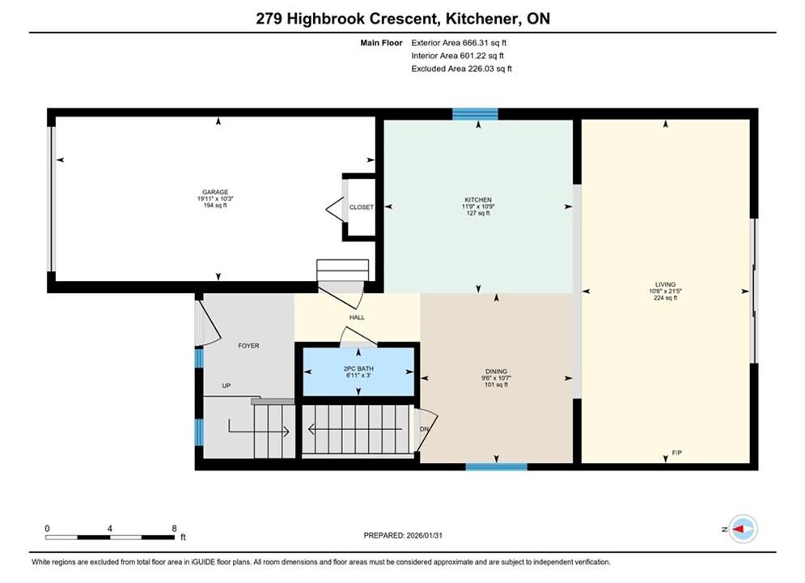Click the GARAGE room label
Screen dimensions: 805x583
[x=215, y=192]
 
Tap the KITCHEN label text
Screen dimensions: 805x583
[x=478, y=200]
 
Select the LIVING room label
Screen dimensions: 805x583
[x=665, y=284]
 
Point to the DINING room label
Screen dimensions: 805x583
[x=497, y=372]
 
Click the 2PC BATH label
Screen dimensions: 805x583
[x=358, y=368]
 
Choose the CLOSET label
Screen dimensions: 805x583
[x=362, y=207]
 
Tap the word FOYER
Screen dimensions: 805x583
[x=248, y=347]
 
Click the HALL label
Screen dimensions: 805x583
[x=357, y=317]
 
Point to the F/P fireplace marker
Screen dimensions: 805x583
[x=677, y=453]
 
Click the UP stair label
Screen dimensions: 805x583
[x=227, y=385]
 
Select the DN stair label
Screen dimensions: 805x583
[x=424, y=429]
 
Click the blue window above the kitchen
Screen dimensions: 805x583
[x=475, y=114]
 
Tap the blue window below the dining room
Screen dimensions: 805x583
[x=497, y=467]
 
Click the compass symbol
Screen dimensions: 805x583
[x=743, y=529]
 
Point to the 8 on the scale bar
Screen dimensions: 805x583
[x=174, y=529]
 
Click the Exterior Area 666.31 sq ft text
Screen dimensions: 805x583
[x=459, y=43]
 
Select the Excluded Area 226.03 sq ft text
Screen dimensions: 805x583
[x=461, y=69]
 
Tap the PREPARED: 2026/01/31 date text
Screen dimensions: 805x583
[x=403, y=536]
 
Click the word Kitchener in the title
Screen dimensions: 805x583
[x=482, y=19]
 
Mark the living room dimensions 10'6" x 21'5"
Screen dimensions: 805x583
[x=665, y=291]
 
